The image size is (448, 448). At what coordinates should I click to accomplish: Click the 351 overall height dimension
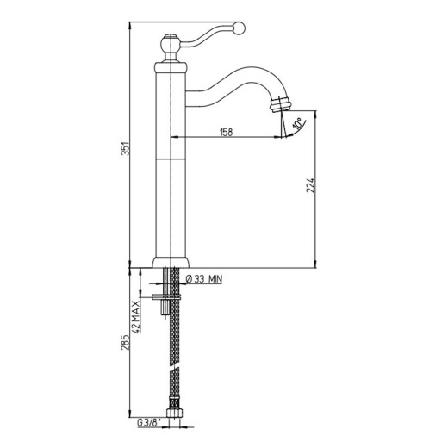pyautogui.click(x=125, y=148)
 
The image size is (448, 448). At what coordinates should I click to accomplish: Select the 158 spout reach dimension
pyautogui.click(x=226, y=133)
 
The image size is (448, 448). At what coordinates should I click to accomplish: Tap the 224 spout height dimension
pyautogui.click(x=310, y=185)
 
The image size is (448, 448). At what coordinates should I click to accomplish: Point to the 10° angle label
pyautogui.click(x=297, y=123)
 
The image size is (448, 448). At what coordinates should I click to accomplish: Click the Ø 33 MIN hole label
pyautogui.click(x=204, y=279)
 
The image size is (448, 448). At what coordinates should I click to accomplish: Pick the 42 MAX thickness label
pyautogui.click(x=136, y=316)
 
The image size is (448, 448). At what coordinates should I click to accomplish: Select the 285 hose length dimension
pyautogui.click(x=125, y=342)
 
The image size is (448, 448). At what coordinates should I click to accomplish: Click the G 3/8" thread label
pyautogui.click(x=149, y=423)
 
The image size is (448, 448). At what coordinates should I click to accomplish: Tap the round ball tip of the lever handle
pyautogui.click(x=239, y=28)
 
